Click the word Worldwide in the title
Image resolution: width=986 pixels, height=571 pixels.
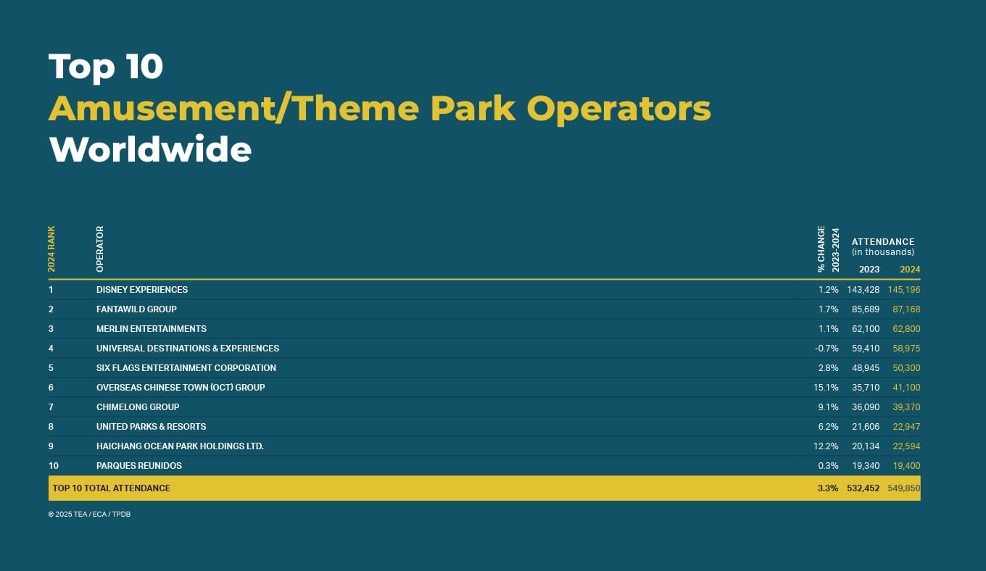(150, 149)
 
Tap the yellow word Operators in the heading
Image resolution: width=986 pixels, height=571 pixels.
(618, 109)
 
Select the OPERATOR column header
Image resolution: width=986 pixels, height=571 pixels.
(100, 249)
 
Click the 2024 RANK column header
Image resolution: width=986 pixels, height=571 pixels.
(51, 249)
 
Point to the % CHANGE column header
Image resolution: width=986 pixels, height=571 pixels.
(821, 249)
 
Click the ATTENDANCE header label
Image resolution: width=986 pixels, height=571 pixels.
(883, 241)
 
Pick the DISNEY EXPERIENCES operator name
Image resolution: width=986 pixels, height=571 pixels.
(142, 289)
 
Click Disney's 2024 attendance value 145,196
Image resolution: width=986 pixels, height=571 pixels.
(904, 289)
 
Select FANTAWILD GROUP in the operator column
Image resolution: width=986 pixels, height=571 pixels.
(136, 309)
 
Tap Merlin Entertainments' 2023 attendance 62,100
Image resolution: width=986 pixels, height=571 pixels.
(866, 328)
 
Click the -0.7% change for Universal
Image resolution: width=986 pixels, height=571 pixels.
(826, 349)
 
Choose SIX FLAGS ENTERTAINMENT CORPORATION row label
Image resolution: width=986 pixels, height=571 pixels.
(186, 368)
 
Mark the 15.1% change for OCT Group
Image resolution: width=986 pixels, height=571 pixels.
(826, 388)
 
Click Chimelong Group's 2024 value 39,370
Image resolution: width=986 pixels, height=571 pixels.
(906, 407)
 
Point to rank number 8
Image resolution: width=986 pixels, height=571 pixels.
(51, 427)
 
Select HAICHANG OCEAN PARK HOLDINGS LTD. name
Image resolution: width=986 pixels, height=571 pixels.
(180, 446)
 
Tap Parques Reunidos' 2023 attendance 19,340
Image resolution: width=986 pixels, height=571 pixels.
(866, 465)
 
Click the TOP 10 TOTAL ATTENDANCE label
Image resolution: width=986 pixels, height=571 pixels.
(112, 488)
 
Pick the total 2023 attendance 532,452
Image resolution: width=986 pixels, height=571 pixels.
(863, 488)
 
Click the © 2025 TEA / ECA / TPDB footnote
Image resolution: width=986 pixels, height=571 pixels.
(89, 514)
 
